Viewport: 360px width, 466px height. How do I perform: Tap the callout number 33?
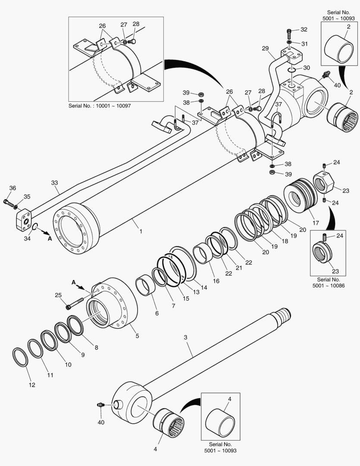[x=55, y=183]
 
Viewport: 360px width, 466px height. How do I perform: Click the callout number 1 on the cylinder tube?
[x=140, y=232]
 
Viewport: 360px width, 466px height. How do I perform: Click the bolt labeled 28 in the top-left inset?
[x=132, y=41]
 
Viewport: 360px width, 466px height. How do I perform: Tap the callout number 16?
[x=216, y=280]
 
